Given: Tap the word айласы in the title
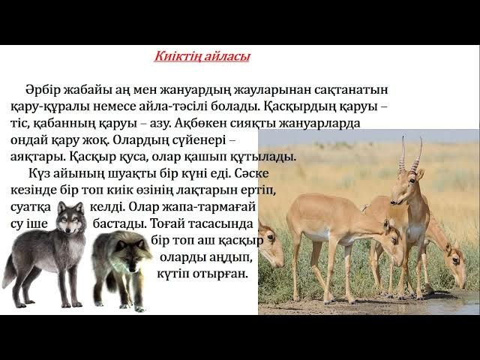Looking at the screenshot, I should click(226, 57).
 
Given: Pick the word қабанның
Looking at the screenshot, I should click(85, 123).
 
